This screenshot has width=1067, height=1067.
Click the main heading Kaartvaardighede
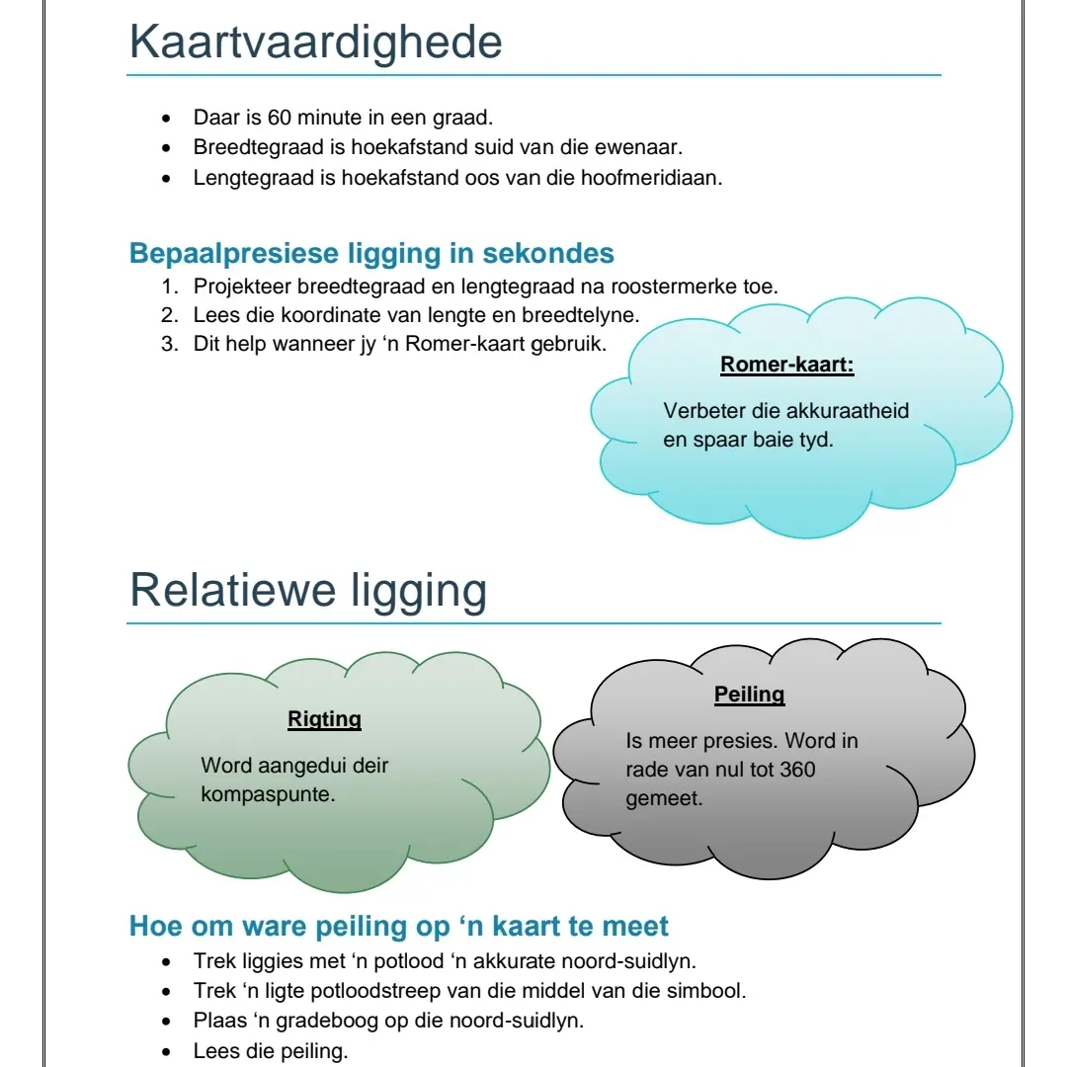(x=315, y=42)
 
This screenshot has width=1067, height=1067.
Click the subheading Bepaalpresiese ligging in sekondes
(x=371, y=253)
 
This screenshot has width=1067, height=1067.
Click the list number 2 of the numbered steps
(x=169, y=316)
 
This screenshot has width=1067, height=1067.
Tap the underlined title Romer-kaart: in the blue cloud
(x=786, y=365)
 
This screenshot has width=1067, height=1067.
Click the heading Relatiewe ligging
(x=308, y=591)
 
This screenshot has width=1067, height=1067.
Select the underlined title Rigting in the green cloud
(x=324, y=719)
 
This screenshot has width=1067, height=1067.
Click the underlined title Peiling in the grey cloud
(x=749, y=695)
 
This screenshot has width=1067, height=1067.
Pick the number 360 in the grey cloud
(x=797, y=769)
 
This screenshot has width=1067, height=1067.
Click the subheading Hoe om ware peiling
(x=399, y=927)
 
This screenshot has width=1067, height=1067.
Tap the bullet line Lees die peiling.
(x=271, y=1050)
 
